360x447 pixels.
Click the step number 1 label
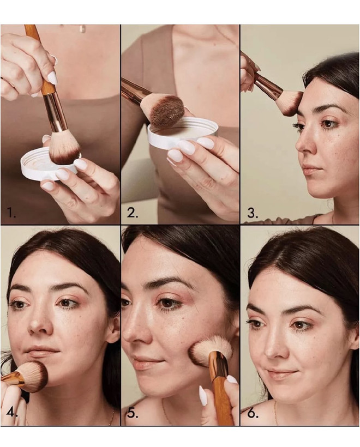[11, 213]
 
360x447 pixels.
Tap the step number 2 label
[133, 213]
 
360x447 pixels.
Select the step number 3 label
[253, 213]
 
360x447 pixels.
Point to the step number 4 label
[12, 413]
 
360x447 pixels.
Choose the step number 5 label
[133, 413]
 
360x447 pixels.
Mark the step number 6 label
[253, 413]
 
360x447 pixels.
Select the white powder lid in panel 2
[183, 132]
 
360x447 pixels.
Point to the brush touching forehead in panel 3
[290, 102]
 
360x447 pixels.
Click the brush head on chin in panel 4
[34, 376]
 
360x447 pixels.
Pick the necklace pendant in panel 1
[82, 29]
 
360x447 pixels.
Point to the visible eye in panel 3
[328, 124]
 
